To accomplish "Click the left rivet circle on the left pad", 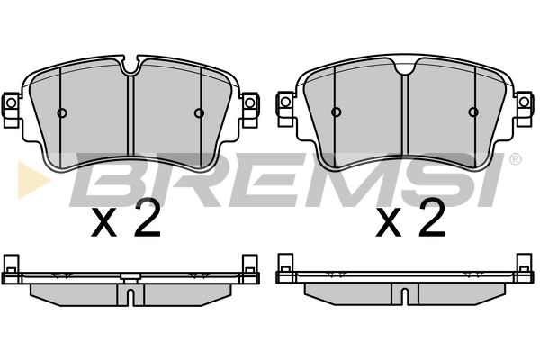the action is pyautogui.click(x=62, y=112).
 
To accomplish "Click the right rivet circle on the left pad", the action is pyautogui.click(x=199, y=112).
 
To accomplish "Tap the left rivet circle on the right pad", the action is pyautogui.click(x=337, y=112).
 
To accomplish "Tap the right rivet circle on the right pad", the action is pyautogui.click(x=473, y=112).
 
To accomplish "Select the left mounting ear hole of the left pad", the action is pyautogui.click(x=11, y=103).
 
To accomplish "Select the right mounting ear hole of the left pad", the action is pyautogui.click(x=249, y=103).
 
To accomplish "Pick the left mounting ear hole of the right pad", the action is pyautogui.click(x=285, y=102).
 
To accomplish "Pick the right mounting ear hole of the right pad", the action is pyautogui.click(x=524, y=102).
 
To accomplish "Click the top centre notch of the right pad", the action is pyautogui.click(x=405, y=67).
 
